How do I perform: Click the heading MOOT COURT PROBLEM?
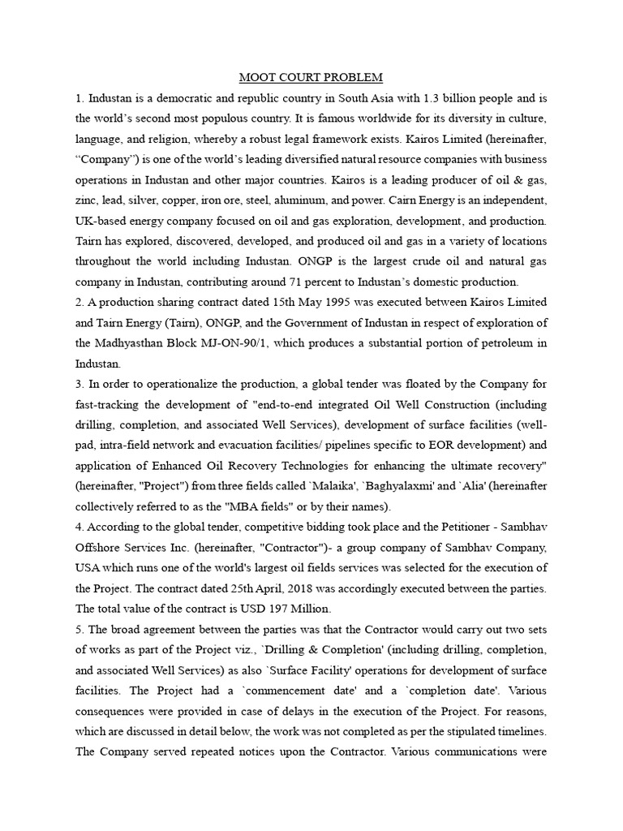(311, 78)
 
